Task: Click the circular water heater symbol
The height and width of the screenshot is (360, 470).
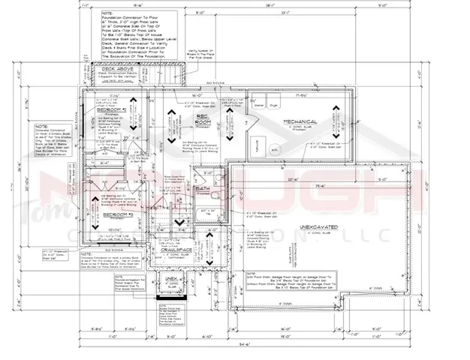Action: pyautogui.click(x=276, y=151)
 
